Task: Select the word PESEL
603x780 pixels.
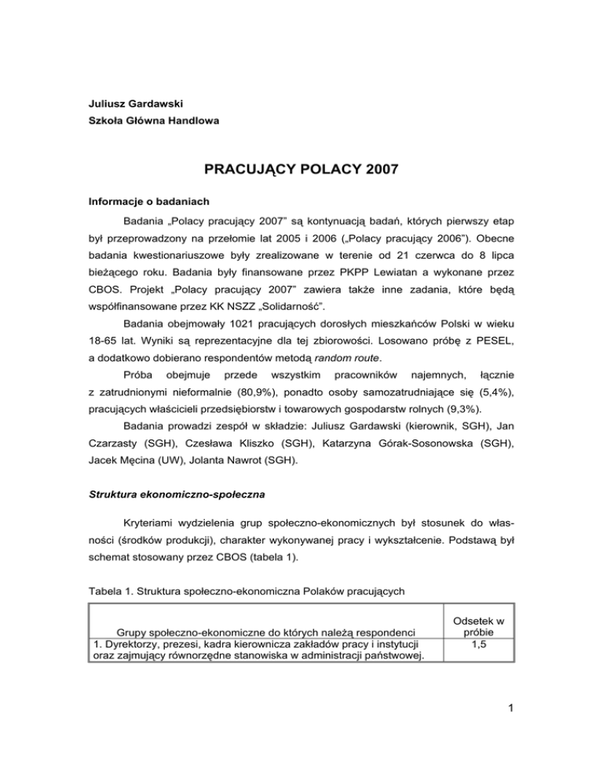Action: click(495, 344)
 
